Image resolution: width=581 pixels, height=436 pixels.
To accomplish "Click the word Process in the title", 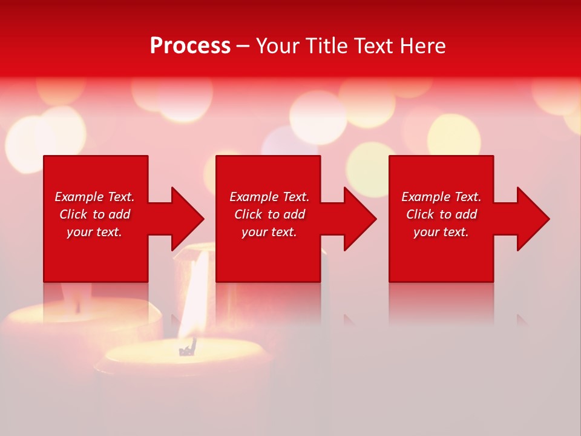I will coord(190,46).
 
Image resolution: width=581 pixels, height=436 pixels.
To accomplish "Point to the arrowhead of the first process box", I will coord(188,219).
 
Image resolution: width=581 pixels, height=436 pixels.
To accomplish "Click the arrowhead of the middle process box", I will coord(361,219).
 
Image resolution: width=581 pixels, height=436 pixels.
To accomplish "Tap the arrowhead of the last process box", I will coord(534,219).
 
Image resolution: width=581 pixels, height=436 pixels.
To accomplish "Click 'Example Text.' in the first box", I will coord(94,197).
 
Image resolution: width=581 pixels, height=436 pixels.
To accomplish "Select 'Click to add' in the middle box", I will coord(269,214).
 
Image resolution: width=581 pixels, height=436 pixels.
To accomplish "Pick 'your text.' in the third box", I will coord(441,232).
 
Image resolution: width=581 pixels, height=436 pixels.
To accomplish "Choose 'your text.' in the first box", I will coord(94,232).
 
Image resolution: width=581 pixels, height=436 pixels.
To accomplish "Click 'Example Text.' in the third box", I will coord(441,197).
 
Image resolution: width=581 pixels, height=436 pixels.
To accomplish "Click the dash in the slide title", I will coord(243,46).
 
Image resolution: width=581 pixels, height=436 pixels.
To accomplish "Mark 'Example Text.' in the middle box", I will coord(269,197).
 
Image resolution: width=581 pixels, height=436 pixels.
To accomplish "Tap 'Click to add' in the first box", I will coord(94,214).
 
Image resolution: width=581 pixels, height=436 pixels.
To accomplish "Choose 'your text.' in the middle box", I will coord(269,232).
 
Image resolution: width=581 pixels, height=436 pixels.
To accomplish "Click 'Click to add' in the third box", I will coord(441,214).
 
